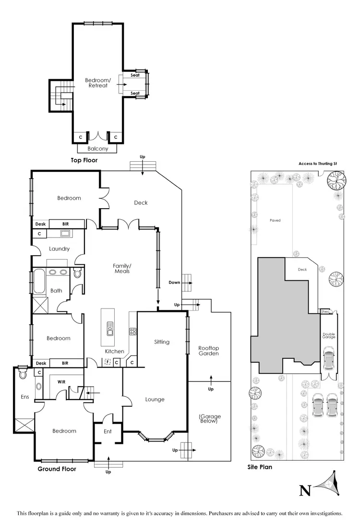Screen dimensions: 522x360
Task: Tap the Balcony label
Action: pyautogui.click(x=98, y=149)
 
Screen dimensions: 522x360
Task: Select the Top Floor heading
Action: pyautogui.click(x=84, y=160)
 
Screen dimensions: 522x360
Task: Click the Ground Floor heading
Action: pyautogui.click(x=57, y=469)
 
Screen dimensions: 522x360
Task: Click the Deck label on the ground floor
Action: pyautogui.click(x=141, y=202)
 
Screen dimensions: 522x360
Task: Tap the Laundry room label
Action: pyautogui.click(x=60, y=249)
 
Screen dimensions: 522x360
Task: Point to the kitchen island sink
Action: pyautogui.click(x=109, y=331)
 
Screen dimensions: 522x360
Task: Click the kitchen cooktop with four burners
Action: pyautogui.click(x=133, y=331)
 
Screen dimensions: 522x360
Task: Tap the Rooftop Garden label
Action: pyautogui.click(x=209, y=350)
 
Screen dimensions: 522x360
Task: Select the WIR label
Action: pyautogui.click(x=61, y=382)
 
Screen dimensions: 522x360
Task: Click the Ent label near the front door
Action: pyautogui.click(x=108, y=431)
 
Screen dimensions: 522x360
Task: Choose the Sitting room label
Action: pyautogui.click(x=162, y=342)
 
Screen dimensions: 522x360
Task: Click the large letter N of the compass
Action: pyautogui.click(x=304, y=490)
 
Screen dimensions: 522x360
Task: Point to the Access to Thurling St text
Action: pyautogui.click(x=318, y=164)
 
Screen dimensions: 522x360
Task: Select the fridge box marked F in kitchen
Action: pyautogui.click(x=107, y=363)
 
